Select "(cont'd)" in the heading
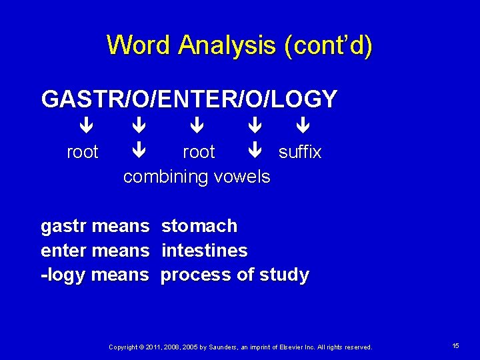pos(328,45)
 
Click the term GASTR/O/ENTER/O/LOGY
pos(189,99)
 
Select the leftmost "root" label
pos(83,152)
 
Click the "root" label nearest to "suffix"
pos(199,152)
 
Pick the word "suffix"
pos(300,152)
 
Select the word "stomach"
pos(199,226)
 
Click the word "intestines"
pos(204,251)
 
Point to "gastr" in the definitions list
pos(64,226)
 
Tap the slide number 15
pos(455,346)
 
